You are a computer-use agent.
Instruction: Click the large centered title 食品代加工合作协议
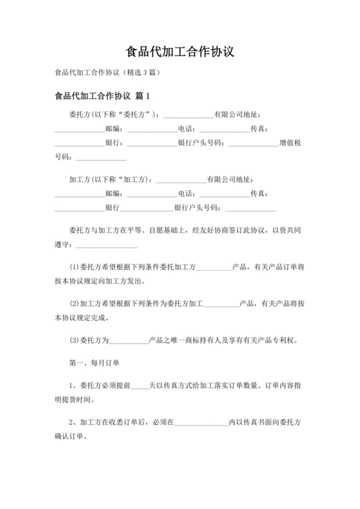[x=180, y=50]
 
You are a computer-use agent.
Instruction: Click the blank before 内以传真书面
[x=201, y=422]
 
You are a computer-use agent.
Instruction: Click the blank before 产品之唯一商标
[x=129, y=339]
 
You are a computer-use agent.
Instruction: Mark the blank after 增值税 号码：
[x=101, y=157]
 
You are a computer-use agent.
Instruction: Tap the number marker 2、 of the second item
[x=73, y=422]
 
